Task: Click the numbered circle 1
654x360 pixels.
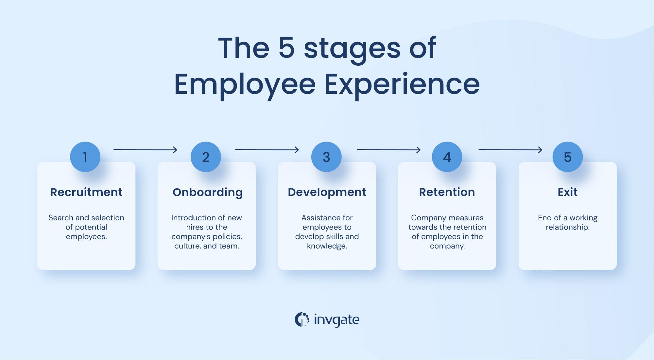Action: (x=85, y=157)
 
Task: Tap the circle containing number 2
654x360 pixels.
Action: (x=206, y=157)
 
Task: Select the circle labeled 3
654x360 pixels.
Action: (x=326, y=157)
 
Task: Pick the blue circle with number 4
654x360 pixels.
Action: (x=447, y=157)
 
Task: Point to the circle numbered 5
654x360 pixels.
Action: (x=568, y=157)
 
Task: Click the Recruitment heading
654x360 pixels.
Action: (x=86, y=192)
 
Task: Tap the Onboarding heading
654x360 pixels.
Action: (x=207, y=193)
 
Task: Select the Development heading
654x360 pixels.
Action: (x=327, y=193)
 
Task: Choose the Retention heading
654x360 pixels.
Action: (x=447, y=192)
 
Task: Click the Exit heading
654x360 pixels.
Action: (x=568, y=192)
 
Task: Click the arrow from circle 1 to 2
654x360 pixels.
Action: (x=145, y=150)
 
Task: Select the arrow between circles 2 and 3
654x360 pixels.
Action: (x=267, y=150)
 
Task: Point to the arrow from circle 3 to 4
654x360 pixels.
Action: (x=388, y=150)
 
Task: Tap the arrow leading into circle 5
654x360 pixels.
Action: (x=510, y=150)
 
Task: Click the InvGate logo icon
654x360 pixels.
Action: (x=301, y=319)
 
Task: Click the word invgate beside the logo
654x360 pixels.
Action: (x=336, y=320)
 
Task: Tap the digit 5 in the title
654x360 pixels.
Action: (x=286, y=48)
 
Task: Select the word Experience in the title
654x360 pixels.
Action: (x=402, y=84)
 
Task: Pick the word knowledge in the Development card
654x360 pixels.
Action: (x=326, y=246)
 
